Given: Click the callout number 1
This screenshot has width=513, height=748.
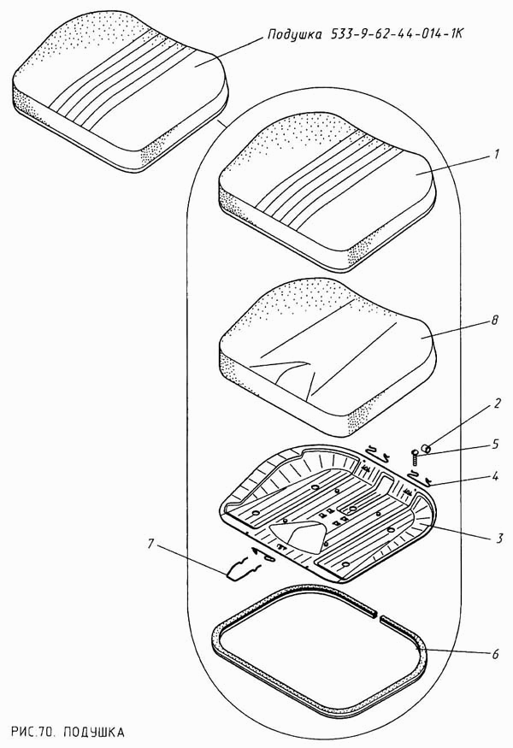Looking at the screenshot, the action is click(496, 155).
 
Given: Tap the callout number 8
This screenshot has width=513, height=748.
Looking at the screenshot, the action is click(494, 320).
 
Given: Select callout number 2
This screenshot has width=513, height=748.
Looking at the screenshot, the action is click(496, 404).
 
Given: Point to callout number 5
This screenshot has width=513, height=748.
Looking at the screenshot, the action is click(496, 445).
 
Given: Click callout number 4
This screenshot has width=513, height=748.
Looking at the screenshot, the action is click(496, 476).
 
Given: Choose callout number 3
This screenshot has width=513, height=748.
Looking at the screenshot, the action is click(498, 538).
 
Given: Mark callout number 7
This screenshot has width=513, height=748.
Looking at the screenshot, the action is click(151, 544).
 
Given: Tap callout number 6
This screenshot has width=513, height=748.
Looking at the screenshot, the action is click(495, 653).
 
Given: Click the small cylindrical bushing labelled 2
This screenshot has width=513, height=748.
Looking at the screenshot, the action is click(426, 448).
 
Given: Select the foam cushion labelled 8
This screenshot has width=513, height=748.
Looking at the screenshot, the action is click(327, 354).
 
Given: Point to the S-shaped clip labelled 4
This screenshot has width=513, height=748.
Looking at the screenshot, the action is click(421, 478).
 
